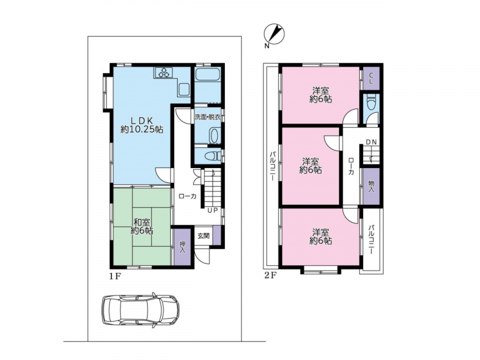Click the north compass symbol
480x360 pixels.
pyautogui.click(x=274, y=34)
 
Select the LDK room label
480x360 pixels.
pyautogui.click(x=142, y=125)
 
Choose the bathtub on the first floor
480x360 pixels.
pyautogui.click(x=208, y=74)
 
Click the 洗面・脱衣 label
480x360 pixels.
pyautogui.click(x=208, y=117)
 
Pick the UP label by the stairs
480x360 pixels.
pyautogui.click(x=212, y=211)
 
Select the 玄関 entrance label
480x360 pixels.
pyautogui.click(x=203, y=236)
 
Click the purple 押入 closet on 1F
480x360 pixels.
pyautogui.click(x=182, y=246)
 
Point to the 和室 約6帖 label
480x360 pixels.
pyautogui.click(x=142, y=226)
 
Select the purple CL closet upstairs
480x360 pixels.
pyautogui.click(x=371, y=79)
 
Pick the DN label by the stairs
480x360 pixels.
pyautogui.click(x=371, y=142)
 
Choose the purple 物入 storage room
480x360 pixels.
pyautogui.click(x=371, y=186)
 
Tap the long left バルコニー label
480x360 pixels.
pyautogui.click(x=272, y=166)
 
